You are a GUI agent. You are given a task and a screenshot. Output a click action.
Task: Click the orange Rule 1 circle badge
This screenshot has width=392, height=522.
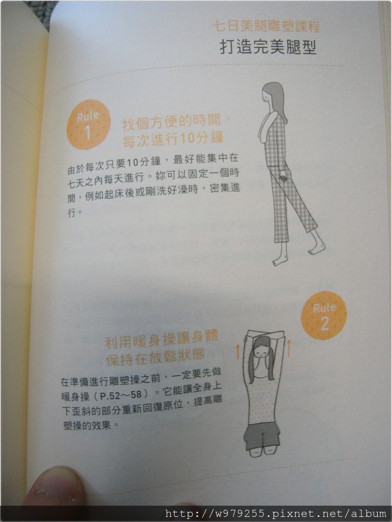[89, 125]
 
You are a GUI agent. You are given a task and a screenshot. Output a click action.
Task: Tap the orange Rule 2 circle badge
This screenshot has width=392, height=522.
[324, 316]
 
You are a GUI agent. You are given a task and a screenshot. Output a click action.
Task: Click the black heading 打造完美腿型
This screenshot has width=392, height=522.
[268, 47]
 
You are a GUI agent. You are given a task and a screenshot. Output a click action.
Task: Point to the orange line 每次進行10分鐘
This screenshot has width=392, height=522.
[173, 139]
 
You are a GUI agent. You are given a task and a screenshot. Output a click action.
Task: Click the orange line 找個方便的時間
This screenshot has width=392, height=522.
[176, 122]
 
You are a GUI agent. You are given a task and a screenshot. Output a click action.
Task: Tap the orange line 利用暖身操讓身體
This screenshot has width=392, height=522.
[162, 339]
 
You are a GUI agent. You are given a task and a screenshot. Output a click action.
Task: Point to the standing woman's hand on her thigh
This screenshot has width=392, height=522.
[283, 176]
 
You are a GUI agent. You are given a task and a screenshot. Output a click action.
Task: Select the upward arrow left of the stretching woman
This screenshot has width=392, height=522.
[238, 352]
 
